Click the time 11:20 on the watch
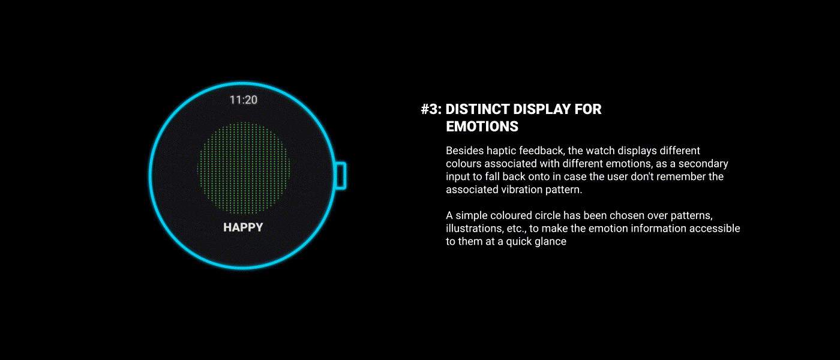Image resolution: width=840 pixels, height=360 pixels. click(x=244, y=100)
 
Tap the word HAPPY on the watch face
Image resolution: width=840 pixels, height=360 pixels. click(x=243, y=227)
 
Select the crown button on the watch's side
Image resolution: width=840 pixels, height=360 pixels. click(x=340, y=175)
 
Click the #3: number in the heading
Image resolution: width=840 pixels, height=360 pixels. click(x=431, y=109)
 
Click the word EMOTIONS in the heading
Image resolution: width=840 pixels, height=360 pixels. click(x=482, y=127)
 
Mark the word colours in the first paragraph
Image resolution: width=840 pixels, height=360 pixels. click(x=463, y=163)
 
